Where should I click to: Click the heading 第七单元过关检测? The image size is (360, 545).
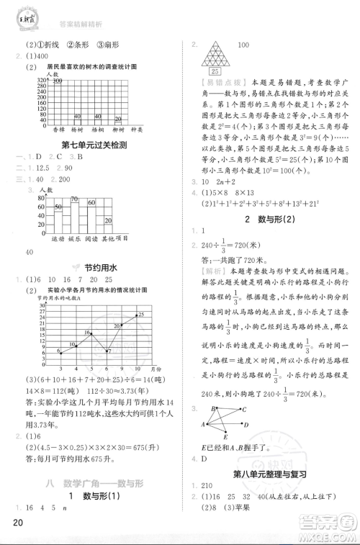tap(94, 145)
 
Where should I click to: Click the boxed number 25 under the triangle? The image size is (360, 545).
tap(215, 72)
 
